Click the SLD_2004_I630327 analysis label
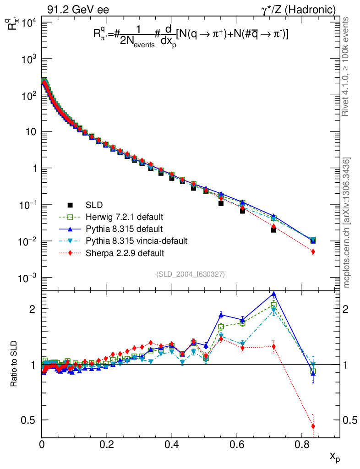click(x=191, y=274)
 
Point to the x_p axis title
click(x=334, y=456)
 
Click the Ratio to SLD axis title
click(x=15, y=364)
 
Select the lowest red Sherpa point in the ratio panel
click(x=313, y=426)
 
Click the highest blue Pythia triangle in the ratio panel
click(x=274, y=294)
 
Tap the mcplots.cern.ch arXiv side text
click(x=347, y=223)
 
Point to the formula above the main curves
click(x=191, y=37)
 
